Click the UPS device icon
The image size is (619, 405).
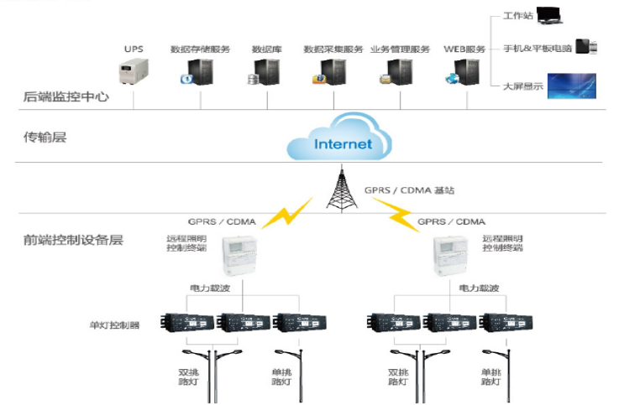tap(134, 72)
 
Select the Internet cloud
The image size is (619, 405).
tap(341, 143)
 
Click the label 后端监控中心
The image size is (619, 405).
tap(66, 98)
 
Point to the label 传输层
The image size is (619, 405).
tap(44, 137)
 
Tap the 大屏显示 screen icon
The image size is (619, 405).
tap(571, 86)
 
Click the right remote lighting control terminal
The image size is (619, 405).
tap(449, 255)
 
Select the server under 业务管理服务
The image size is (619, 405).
tap(398, 73)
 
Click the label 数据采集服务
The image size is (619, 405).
tap(333, 49)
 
